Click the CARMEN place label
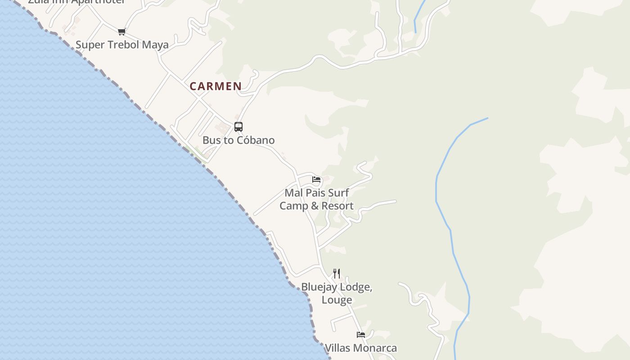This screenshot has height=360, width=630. click(216, 86)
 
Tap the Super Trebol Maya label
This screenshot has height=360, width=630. click(122, 45)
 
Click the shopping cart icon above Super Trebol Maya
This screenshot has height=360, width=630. click(121, 31)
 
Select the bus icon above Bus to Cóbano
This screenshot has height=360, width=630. click(238, 127)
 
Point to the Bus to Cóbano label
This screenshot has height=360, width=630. click(238, 140)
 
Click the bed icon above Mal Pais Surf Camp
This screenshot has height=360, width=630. click(316, 180)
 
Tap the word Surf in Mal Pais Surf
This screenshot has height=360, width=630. click(338, 193)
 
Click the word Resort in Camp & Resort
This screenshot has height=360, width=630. click(337, 206)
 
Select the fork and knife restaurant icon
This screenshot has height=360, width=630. click(337, 273)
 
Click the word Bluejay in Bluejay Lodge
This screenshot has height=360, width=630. click(318, 287)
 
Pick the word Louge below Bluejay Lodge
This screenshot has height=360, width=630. click(337, 300)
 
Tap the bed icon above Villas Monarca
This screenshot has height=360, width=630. click(361, 335)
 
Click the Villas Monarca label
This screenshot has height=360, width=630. click(361, 348)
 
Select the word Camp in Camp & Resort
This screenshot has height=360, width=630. click(293, 206)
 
